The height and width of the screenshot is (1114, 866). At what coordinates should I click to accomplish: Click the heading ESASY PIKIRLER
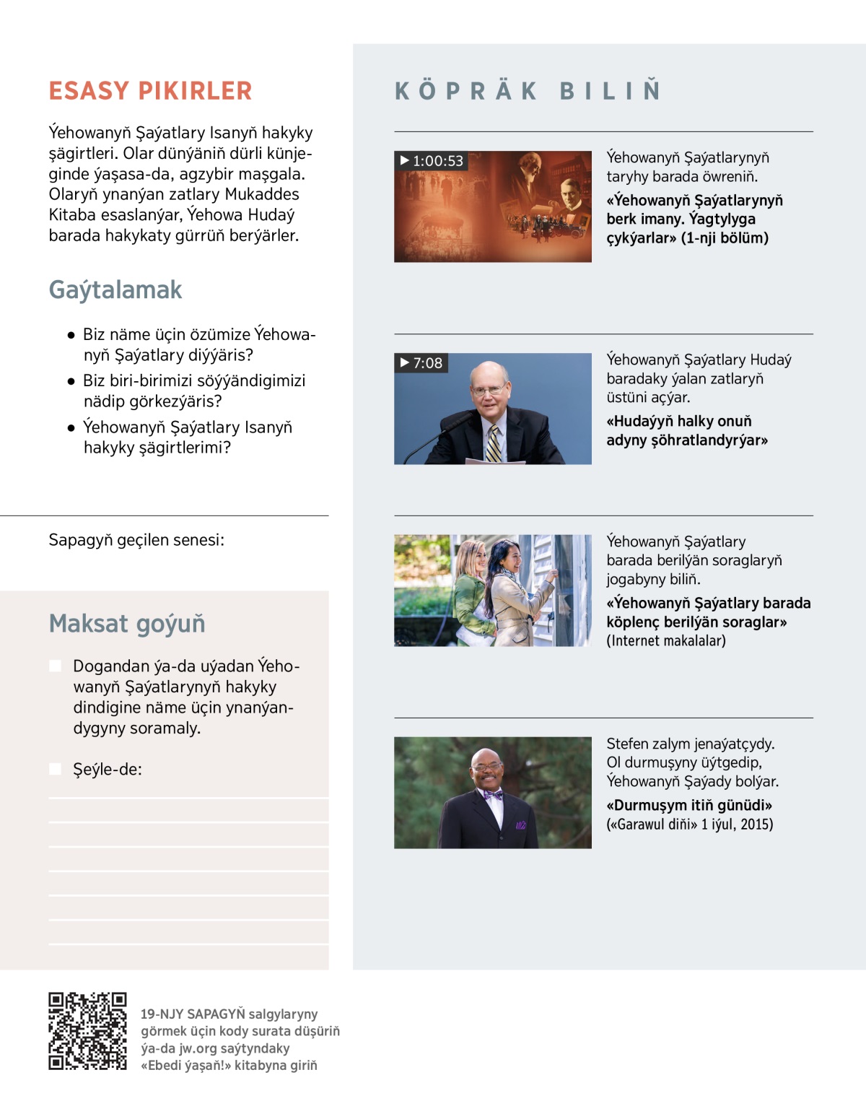click(x=150, y=91)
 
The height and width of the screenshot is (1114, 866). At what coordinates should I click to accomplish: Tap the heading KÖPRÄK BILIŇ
click(x=528, y=91)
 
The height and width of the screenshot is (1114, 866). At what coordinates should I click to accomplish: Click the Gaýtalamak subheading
click(x=115, y=290)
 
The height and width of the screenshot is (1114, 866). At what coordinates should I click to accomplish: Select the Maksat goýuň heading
click(x=127, y=623)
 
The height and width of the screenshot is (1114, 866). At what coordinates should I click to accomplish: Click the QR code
click(x=87, y=1030)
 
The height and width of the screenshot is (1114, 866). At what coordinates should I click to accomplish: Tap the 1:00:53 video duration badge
click(x=431, y=160)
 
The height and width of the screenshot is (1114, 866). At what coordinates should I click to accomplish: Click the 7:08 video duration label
click(x=421, y=362)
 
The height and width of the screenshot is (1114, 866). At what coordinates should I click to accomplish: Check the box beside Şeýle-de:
click(x=55, y=769)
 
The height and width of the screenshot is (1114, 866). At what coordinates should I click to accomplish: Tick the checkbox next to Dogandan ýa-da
click(x=55, y=666)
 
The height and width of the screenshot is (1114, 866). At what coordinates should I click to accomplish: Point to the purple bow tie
click(x=494, y=795)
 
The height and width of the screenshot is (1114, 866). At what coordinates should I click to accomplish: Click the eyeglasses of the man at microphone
click(x=489, y=391)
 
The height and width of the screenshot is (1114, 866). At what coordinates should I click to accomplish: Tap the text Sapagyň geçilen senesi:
click(x=136, y=540)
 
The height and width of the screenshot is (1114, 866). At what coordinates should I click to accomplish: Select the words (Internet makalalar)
click(x=666, y=640)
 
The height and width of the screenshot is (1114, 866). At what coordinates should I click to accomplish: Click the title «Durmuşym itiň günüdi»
click(x=689, y=805)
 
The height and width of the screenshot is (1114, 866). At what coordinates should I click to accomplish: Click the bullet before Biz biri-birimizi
click(x=71, y=380)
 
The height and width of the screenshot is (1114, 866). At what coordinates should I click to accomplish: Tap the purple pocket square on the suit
click(x=520, y=824)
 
